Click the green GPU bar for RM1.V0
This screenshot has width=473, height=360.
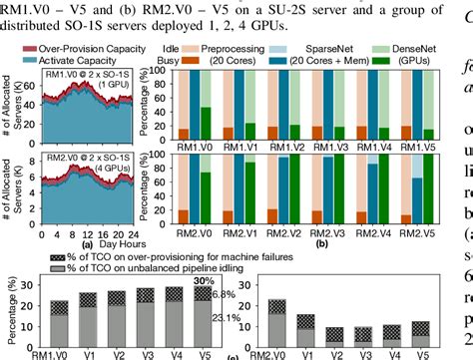coord(178,118)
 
